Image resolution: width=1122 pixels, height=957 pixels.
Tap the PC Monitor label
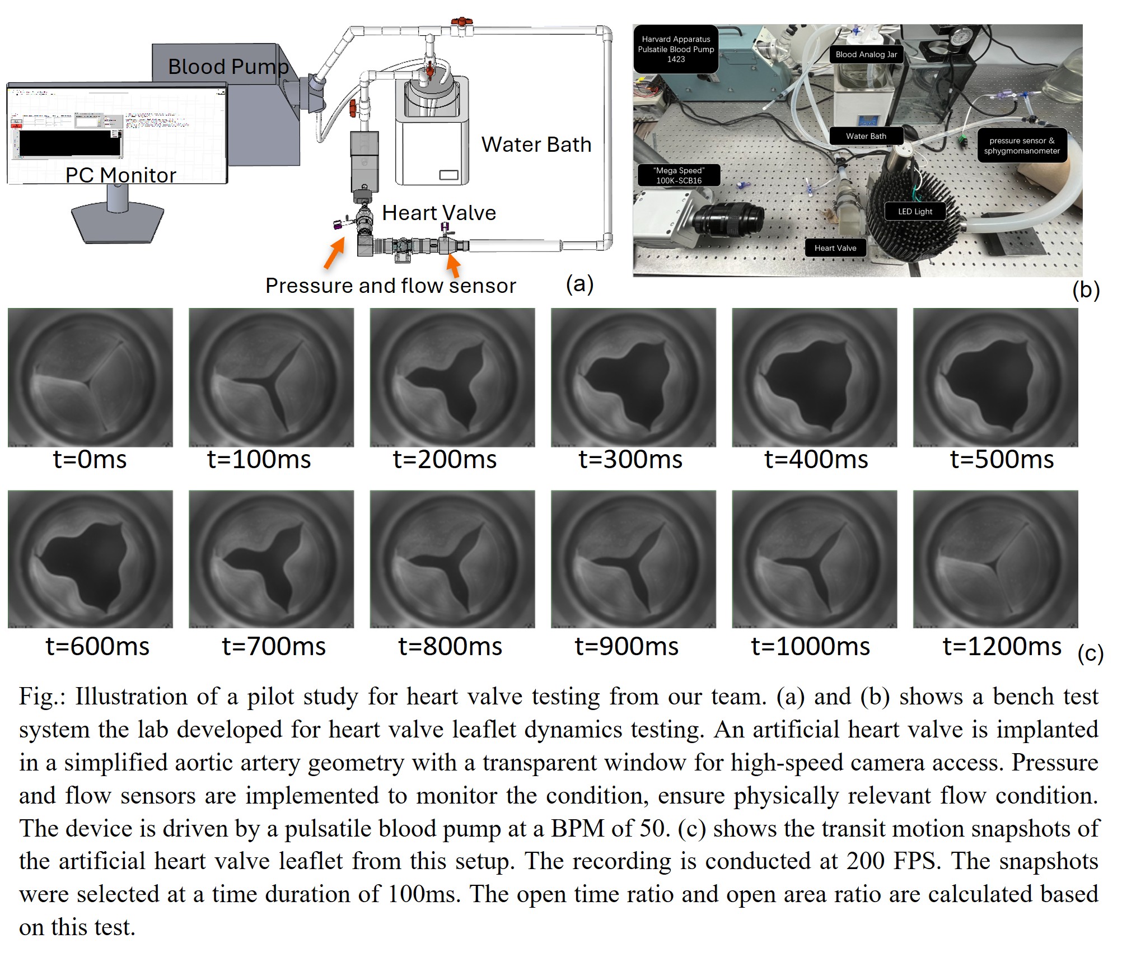[x=120, y=175]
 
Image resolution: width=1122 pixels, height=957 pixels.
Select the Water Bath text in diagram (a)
[x=536, y=144]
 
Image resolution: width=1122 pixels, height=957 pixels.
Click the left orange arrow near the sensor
[x=334, y=253]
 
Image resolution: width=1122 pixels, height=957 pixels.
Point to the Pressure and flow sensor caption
[x=390, y=286]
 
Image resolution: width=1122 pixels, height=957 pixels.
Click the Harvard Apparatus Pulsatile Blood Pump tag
[x=676, y=49]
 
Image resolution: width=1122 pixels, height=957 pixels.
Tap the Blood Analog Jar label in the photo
[x=866, y=54]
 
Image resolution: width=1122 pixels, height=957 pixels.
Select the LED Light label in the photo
[x=915, y=212]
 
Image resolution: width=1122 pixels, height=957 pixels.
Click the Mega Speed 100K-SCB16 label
[x=679, y=175]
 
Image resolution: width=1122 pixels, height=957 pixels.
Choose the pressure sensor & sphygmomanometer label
[x=1022, y=146]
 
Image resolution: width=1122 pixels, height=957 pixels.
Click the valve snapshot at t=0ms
[x=90, y=377]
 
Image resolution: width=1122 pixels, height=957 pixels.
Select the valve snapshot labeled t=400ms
[x=814, y=377]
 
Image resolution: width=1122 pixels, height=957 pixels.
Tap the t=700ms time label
[x=273, y=647]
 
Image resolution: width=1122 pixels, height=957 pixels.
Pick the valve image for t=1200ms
[x=995, y=559]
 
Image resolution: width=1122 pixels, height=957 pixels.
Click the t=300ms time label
[x=630, y=460]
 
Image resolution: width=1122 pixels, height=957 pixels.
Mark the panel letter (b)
[x=1086, y=290]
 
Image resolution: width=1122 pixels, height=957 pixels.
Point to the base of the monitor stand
[x=118, y=223]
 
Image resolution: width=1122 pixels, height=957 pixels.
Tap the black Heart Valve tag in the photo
[x=835, y=248]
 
